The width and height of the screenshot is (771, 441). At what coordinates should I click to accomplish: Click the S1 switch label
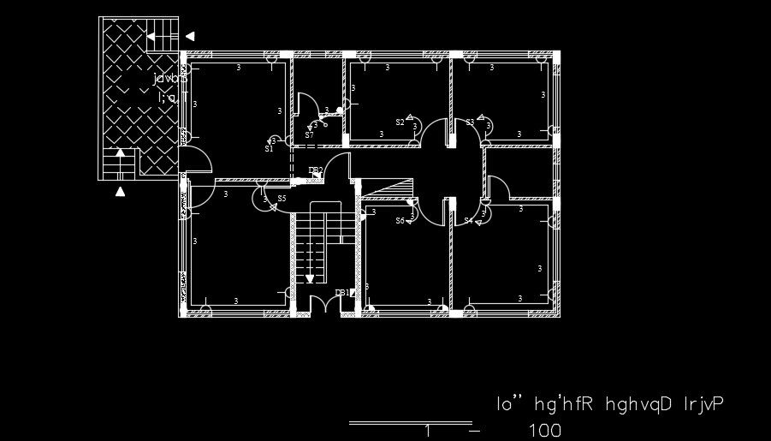point(269,148)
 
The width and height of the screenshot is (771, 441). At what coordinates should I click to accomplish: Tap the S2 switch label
point(400,122)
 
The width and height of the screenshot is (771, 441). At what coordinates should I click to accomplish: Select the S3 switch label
point(470,122)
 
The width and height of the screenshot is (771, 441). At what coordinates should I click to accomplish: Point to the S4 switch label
point(468,220)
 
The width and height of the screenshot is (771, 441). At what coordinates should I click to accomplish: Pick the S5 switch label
point(282,199)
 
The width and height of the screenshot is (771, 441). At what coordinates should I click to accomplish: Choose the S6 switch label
point(400,220)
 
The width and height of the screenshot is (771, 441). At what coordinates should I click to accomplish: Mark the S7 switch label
point(309,134)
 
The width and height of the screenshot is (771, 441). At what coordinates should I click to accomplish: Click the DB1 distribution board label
point(341,293)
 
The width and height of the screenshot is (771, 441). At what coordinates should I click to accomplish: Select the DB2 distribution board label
point(315,170)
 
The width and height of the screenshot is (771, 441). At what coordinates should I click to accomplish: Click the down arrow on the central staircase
point(310,277)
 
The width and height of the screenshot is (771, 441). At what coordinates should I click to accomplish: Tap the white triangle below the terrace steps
point(121,191)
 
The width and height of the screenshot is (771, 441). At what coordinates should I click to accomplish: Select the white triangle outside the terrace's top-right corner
point(190,36)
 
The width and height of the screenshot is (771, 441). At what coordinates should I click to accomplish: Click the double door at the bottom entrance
point(323,304)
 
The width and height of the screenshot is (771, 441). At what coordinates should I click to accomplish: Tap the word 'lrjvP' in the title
point(700,402)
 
